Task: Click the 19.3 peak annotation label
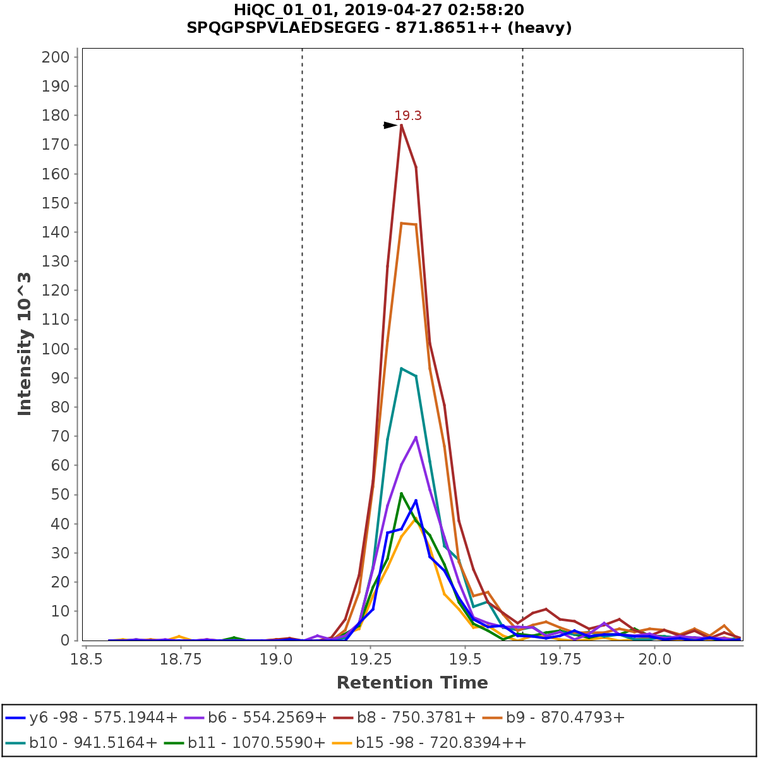click(408, 116)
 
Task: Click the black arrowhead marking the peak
click(390, 125)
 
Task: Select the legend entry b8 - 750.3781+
click(416, 718)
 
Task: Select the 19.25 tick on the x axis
click(370, 659)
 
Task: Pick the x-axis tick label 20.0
click(655, 659)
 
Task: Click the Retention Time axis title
click(412, 683)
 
